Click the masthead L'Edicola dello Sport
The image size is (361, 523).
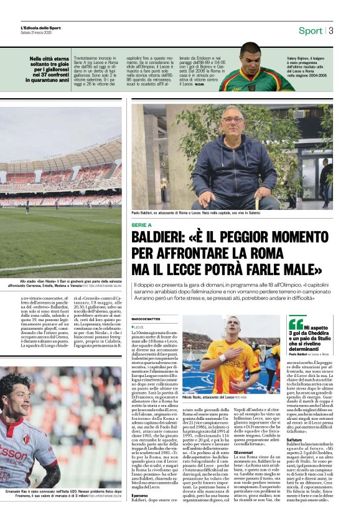tap(40, 27)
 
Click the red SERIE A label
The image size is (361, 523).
tap(142, 225)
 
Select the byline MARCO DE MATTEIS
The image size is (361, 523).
tap(146, 319)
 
